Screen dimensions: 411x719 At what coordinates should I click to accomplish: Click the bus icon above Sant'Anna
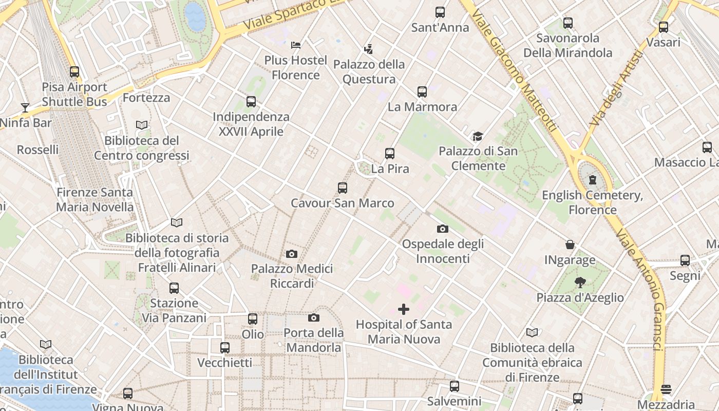click(x=440, y=12)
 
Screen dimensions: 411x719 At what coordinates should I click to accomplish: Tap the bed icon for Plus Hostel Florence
click(x=295, y=45)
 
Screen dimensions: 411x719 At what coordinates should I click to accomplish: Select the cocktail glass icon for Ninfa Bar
click(x=25, y=107)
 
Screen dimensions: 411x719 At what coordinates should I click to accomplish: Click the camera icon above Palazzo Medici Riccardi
click(x=291, y=254)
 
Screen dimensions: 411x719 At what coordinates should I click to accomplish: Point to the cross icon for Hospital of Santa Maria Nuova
click(x=404, y=309)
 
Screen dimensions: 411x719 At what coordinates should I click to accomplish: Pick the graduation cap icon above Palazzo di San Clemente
click(x=478, y=136)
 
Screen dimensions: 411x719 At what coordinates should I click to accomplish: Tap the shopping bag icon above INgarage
click(x=570, y=245)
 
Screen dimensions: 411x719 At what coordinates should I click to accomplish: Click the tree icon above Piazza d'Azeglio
click(x=580, y=282)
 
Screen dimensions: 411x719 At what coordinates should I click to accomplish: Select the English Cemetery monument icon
click(x=593, y=180)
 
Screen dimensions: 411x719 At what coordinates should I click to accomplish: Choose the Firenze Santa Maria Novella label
click(x=94, y=200)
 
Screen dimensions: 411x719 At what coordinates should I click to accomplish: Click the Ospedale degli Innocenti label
click(x=443, y=251)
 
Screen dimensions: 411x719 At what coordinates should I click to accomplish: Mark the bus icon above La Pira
click(x=390, y=153)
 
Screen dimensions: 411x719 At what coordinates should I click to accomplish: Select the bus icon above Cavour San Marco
click(x=343, y=188)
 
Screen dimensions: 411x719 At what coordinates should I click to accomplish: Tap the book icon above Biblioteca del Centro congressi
click(x=142, y=125)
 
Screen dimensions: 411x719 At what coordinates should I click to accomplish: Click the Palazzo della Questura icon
click(x=368, y=49)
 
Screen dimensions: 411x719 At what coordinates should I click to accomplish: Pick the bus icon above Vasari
click(x=664, y=27)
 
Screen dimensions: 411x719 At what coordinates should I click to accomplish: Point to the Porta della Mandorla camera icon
click(x=314, y=317)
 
